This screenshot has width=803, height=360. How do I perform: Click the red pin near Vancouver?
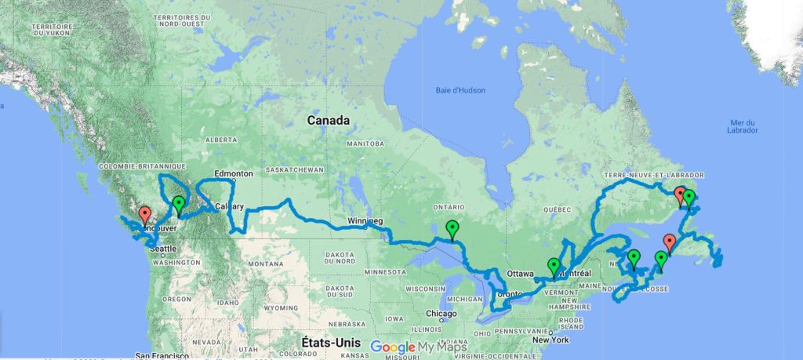[144, 214]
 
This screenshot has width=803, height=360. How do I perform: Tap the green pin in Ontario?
[452, 229]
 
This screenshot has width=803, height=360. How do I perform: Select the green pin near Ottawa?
[554, 267]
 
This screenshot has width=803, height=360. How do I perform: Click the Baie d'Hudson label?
[460, 90]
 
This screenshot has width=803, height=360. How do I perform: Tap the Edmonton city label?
[234, 173]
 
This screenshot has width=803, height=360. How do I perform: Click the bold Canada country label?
[329, 121]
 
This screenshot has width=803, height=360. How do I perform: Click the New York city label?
[550, 340]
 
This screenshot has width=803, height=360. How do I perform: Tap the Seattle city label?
[165, 249]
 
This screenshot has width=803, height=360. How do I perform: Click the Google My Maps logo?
[418, 347]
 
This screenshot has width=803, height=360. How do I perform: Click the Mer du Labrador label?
[741, 127]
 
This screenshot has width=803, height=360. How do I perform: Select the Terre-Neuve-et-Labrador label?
[654, 174]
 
